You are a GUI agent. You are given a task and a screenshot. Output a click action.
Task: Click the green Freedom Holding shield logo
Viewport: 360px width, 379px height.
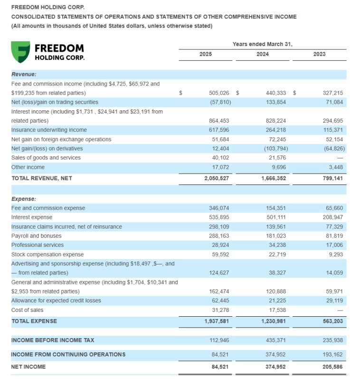[20, 52]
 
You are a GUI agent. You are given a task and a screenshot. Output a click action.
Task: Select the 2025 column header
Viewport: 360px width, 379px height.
[206, 54]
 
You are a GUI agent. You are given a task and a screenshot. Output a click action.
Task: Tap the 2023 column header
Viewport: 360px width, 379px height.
[320, 54]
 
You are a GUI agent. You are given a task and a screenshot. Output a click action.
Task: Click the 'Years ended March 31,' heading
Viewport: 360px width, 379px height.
[262, 44]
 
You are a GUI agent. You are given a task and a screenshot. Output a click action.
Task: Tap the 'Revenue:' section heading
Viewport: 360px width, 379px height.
[24, 74]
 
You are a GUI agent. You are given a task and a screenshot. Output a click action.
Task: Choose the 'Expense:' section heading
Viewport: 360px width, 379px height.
[24, 199]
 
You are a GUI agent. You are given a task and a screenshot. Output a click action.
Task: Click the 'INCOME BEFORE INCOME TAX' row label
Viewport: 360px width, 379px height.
[53, 340]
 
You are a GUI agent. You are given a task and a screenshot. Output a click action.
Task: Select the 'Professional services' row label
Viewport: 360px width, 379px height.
[37, 245]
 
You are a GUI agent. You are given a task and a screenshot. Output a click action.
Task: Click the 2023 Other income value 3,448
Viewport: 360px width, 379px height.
[334, 167]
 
